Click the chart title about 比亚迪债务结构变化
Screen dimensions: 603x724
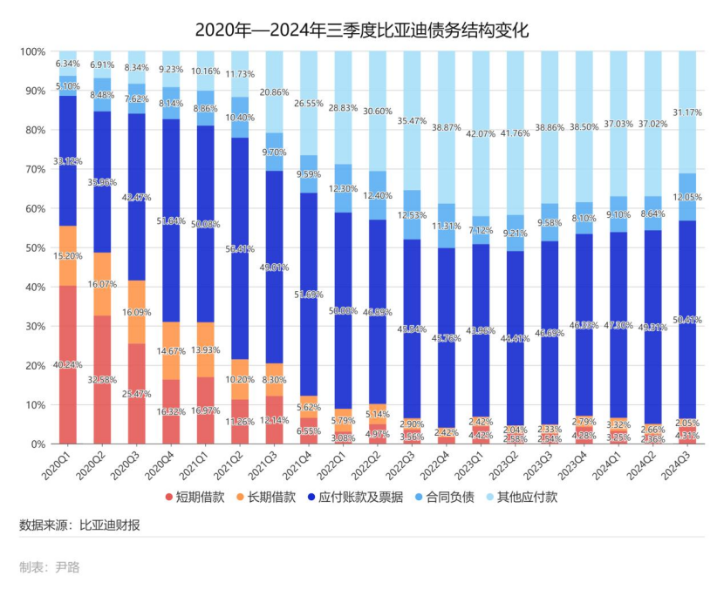click(x=362, y=30)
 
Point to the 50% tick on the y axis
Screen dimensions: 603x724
click(x=32, y=248)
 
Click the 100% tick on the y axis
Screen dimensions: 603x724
click(x=31, y=52)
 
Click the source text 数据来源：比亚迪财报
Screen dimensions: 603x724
click(x=79, y=525)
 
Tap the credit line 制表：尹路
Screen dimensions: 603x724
click(x=49, y=567)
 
